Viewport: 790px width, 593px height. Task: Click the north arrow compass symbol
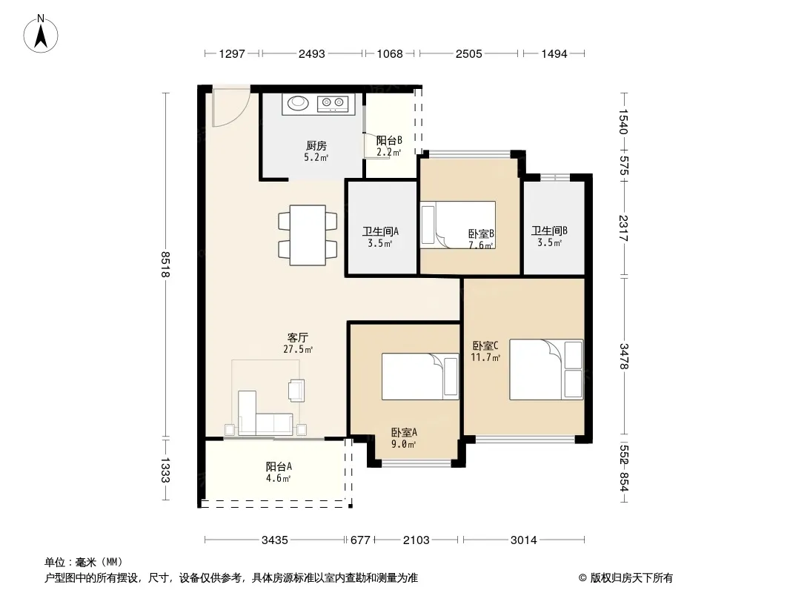(41, 33)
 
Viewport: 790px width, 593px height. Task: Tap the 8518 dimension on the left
(165, 264)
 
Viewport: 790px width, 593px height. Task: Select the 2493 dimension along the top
(311, 53)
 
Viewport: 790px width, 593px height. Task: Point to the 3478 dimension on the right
(624, 356)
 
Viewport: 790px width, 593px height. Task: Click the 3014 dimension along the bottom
(523, 540)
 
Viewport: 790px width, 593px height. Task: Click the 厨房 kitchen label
(316, 146)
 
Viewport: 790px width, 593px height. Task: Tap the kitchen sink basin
(298, 103)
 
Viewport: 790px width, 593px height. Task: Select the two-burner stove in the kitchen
(333, 104)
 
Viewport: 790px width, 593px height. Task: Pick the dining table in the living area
(308, 235)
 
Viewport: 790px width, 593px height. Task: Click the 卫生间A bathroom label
(380, 231)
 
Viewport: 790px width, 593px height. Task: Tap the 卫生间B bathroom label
(549, 231)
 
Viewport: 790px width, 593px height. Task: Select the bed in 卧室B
(458, 225)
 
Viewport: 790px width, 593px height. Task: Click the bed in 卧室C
(546, 369)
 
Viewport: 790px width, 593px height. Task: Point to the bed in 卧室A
(420, 377)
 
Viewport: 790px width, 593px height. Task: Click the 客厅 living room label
(297, 337)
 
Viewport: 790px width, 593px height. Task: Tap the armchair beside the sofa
(296, 391)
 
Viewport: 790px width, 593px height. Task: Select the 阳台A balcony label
(279, 466)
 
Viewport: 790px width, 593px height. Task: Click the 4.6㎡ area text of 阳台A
(278, 478)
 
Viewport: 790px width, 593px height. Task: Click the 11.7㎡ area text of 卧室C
(485, 358)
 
